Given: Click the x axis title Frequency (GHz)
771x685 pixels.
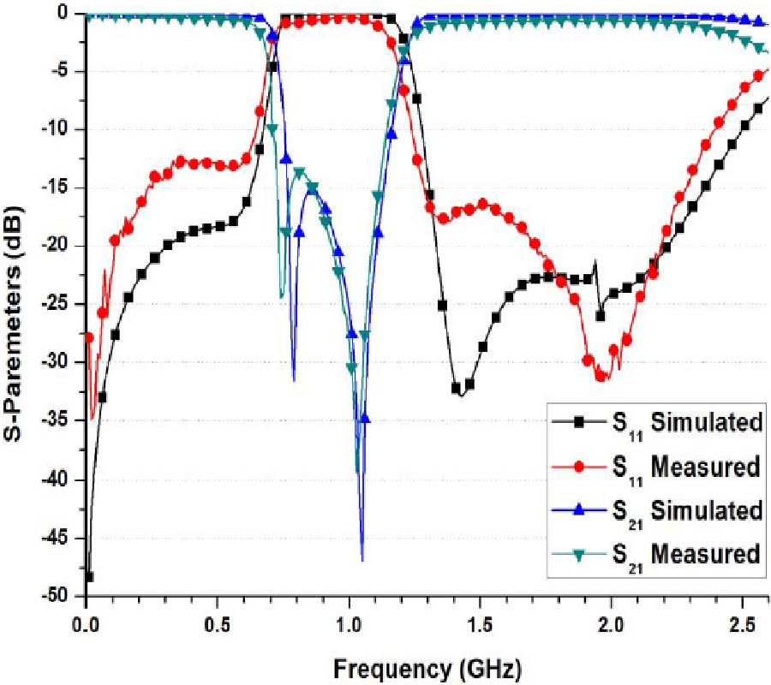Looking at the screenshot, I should pyautogui.click(x=427, y=666).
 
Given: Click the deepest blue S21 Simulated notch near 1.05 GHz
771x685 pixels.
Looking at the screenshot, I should pyautogui.click(x=362, y=561).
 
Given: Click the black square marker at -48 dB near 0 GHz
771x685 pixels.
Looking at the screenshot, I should pyautogui.click(x=88, y=577).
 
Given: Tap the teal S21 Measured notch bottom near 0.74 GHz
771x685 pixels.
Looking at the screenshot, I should pyautogui.click(x=281, y=297).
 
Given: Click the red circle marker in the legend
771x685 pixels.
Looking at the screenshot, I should pyautogui.click(x=580, y=467).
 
